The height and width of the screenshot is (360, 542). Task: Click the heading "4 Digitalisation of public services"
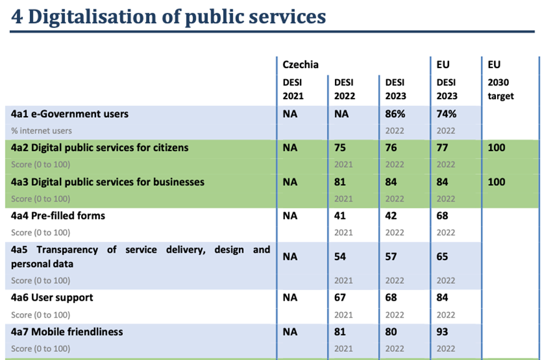(x=168, y=16)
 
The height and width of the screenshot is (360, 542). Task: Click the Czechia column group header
(x=301, y=64)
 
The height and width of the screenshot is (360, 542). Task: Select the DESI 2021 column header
(x=293, y=89)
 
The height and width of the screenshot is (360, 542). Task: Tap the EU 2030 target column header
(x=501, y=89)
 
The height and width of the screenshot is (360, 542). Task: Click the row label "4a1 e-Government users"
(x=70, y=114)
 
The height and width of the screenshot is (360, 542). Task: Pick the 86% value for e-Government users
(x=396, y=114)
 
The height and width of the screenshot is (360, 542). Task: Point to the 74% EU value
(x=447, y=114)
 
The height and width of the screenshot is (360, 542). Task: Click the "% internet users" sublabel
(x=41, y=130)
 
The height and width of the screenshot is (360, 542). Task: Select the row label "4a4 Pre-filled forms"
(x=58, y=216)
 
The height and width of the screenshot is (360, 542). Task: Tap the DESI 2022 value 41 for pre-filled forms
(x=340, y=216)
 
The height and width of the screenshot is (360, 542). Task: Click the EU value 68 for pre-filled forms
(x=443, y=216)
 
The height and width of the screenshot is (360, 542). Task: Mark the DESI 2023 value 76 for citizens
(x=391, y=148)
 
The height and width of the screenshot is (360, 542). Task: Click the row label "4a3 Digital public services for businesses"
(x=108, y=182)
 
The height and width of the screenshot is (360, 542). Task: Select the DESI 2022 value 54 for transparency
(x=340, y=256)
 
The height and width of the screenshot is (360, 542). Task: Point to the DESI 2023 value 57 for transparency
(x=391, y=256)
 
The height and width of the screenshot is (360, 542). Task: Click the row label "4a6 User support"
(x=52, y=298)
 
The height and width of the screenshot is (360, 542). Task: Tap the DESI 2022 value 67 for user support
(x=340, y=298)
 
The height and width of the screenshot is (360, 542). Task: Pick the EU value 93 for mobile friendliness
(x=443, y=332)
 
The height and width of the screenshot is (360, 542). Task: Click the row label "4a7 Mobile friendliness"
(x=67, y=332)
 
